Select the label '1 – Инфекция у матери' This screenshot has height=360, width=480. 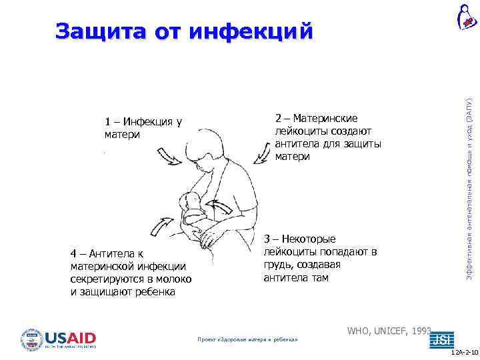[x=143, y=128]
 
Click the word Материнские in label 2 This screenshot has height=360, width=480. [x=327, y=118]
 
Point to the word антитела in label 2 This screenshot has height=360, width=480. [x=297, y=143]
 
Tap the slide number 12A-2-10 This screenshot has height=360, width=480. [x=464, y=351]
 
